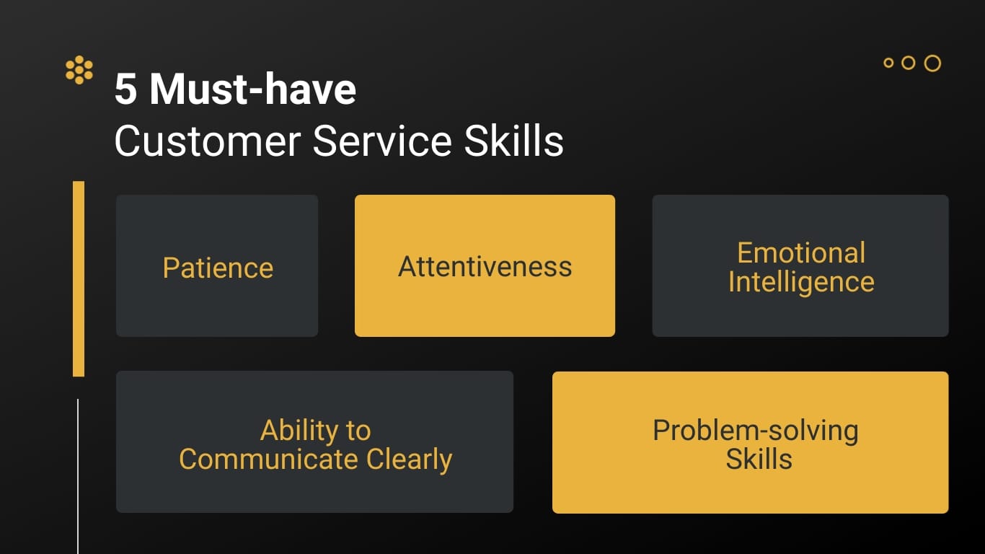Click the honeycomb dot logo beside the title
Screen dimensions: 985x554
click(x=79, y=69)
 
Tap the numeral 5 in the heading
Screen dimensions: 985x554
click(x=125, y=89)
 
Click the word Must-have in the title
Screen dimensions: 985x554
click(x=253, y=89)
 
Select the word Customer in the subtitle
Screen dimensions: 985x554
click(x=208, y=141)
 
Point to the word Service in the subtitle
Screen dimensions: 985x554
click(x=383, y=141)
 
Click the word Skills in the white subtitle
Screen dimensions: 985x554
click(x=513, y=141)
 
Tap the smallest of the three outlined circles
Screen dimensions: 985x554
click(x=888, y=63)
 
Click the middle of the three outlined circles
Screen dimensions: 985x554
click(x=908, y=63)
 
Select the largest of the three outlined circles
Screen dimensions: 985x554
click(x=932, y=63)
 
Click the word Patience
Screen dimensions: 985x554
click(x=218, y=268)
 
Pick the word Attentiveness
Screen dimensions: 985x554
click(x=485, y=267)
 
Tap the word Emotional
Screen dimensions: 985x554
click(x=801, y=252)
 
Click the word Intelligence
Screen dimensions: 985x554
click(x=801, y=283)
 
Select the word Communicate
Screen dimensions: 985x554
click(x=269, y=460)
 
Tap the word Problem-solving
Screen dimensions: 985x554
click(x=756, y=431)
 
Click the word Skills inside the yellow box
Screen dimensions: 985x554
click(x=759, y=460)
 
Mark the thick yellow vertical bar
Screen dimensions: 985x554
click(x=79, y=278)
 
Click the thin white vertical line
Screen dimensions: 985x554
click(x=78, y=476)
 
